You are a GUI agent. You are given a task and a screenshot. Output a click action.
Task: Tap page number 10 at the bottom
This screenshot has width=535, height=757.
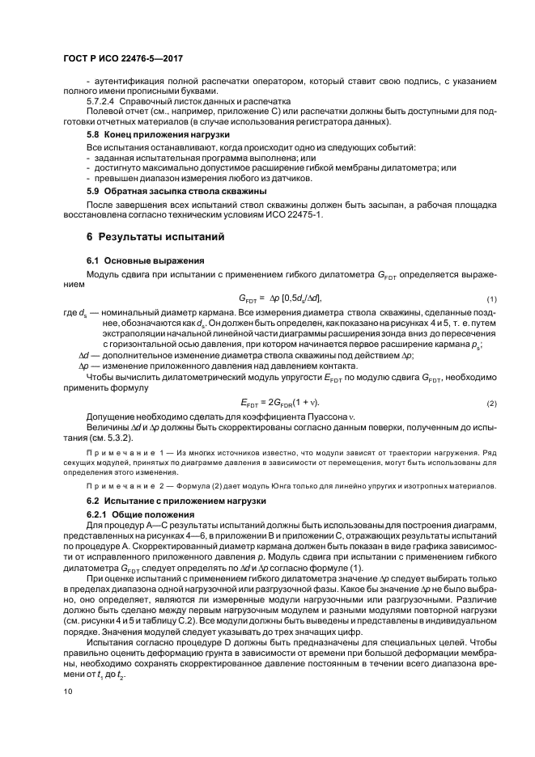(67, 691)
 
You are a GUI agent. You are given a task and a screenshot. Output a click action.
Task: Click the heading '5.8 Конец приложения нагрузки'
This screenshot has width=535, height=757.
(152, 133)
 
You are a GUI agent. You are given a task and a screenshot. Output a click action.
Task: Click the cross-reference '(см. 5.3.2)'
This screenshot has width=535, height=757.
(118, 438)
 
